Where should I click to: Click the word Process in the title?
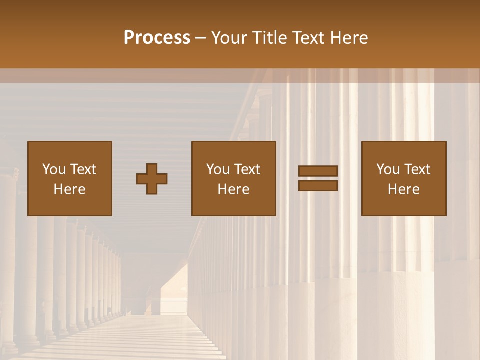click(x=157, y=38)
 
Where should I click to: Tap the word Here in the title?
click(x=349, y=38)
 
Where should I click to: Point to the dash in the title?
click(x=201, y=38)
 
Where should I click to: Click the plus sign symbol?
click(x=152, y=179)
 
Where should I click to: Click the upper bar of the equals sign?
click(x=318, y=171)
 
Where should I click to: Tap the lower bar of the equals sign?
click(x=318, y=186)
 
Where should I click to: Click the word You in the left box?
click(x=53, y=169)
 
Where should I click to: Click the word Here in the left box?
click(x=70, y=189)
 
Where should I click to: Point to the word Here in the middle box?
click(x=234, y=189)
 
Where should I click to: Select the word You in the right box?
click(x=388, y=169)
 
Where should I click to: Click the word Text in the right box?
click(x=417, y=169)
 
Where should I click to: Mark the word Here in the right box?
click(x=404, y=189)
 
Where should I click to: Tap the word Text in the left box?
click(x=83, y=169)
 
